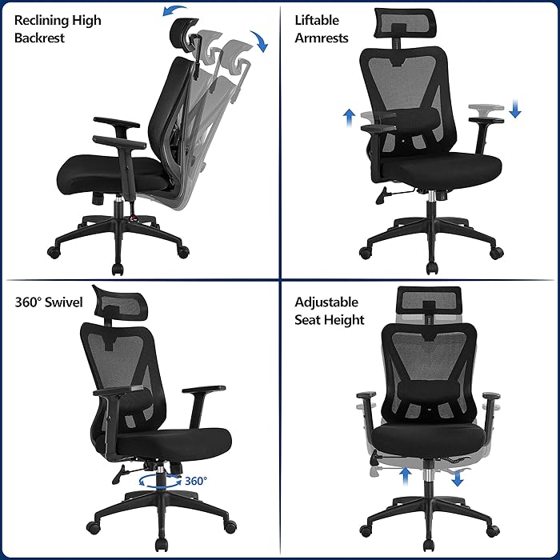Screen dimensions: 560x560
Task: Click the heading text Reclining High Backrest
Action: [58, 29]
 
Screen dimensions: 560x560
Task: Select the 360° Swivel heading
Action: [47, 302]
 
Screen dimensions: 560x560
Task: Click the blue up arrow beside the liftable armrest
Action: [349, 118]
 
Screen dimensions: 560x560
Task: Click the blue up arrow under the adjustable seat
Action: [406, 478]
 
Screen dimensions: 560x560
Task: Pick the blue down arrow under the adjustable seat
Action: [457, 478]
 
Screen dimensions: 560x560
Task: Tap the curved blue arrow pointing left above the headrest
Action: [173, 10]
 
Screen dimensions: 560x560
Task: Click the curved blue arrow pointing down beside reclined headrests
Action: [259, 42]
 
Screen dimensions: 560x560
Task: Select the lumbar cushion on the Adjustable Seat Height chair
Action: [424, 392]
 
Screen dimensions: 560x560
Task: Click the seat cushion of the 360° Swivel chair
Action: [176, 441]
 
